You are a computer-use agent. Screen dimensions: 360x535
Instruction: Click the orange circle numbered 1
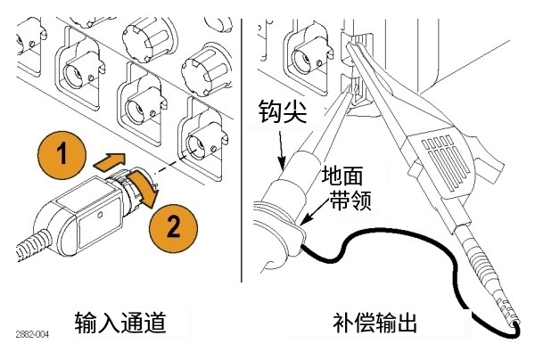pyautogui.click(x=61, y=154)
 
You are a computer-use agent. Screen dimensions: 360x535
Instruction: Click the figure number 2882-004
pyautogui.click(x=33, y=334)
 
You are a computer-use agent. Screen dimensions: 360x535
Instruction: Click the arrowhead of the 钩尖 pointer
pyautogui.click(x=284, y=165)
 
